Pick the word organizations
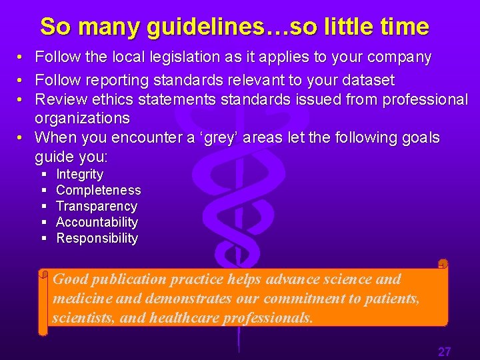tap(82, 119)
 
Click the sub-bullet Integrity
tap(79, 175)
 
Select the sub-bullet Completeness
tap(98, 191)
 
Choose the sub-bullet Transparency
tap(96, 207)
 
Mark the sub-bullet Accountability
tap(97, 223)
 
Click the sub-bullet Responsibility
tap(97, 239)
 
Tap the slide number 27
tap(444, 351)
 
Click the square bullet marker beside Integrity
tap(43, 175)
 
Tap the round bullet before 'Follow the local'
tap(22, 58)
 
